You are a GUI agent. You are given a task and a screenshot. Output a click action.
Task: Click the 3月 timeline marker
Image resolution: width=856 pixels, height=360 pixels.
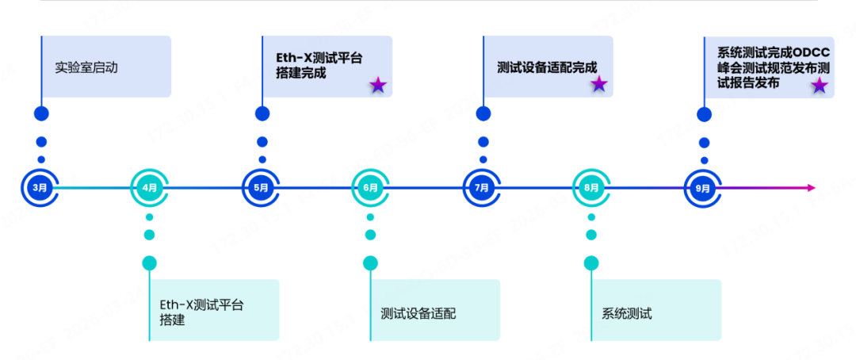point(40,188)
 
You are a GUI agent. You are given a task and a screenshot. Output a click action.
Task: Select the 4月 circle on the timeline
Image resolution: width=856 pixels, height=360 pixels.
point(150,188)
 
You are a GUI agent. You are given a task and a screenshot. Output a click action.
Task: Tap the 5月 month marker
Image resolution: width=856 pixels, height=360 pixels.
point(261,188)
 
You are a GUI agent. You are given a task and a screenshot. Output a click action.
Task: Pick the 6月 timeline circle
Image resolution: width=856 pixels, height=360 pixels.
point(371,188)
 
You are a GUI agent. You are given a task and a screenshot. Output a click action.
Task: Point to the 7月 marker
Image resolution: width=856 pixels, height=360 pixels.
point(482,188)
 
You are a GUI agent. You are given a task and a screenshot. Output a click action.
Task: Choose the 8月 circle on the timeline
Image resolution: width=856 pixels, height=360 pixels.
point(592,188)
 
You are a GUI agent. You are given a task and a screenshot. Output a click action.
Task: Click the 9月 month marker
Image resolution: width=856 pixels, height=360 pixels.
point(703,188)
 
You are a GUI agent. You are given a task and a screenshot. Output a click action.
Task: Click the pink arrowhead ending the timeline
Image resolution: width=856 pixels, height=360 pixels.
point(810,188)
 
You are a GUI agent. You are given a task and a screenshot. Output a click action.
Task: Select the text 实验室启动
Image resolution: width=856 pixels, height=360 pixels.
point(86,68)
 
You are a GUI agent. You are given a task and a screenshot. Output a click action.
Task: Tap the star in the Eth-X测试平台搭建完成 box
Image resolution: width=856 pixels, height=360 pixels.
point(378,85)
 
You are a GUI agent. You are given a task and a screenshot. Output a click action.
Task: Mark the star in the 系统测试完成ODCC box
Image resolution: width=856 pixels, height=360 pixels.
point(820,85)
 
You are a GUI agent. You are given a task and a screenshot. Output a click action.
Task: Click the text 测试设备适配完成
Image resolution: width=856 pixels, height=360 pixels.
point(546,68)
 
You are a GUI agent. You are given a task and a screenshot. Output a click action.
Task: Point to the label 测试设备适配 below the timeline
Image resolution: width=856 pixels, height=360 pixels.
point(418,312)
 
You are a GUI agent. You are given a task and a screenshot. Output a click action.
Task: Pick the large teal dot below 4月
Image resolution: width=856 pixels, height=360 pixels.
point(150,262)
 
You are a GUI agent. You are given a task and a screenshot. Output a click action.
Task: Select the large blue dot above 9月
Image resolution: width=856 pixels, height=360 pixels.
point(704,114)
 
